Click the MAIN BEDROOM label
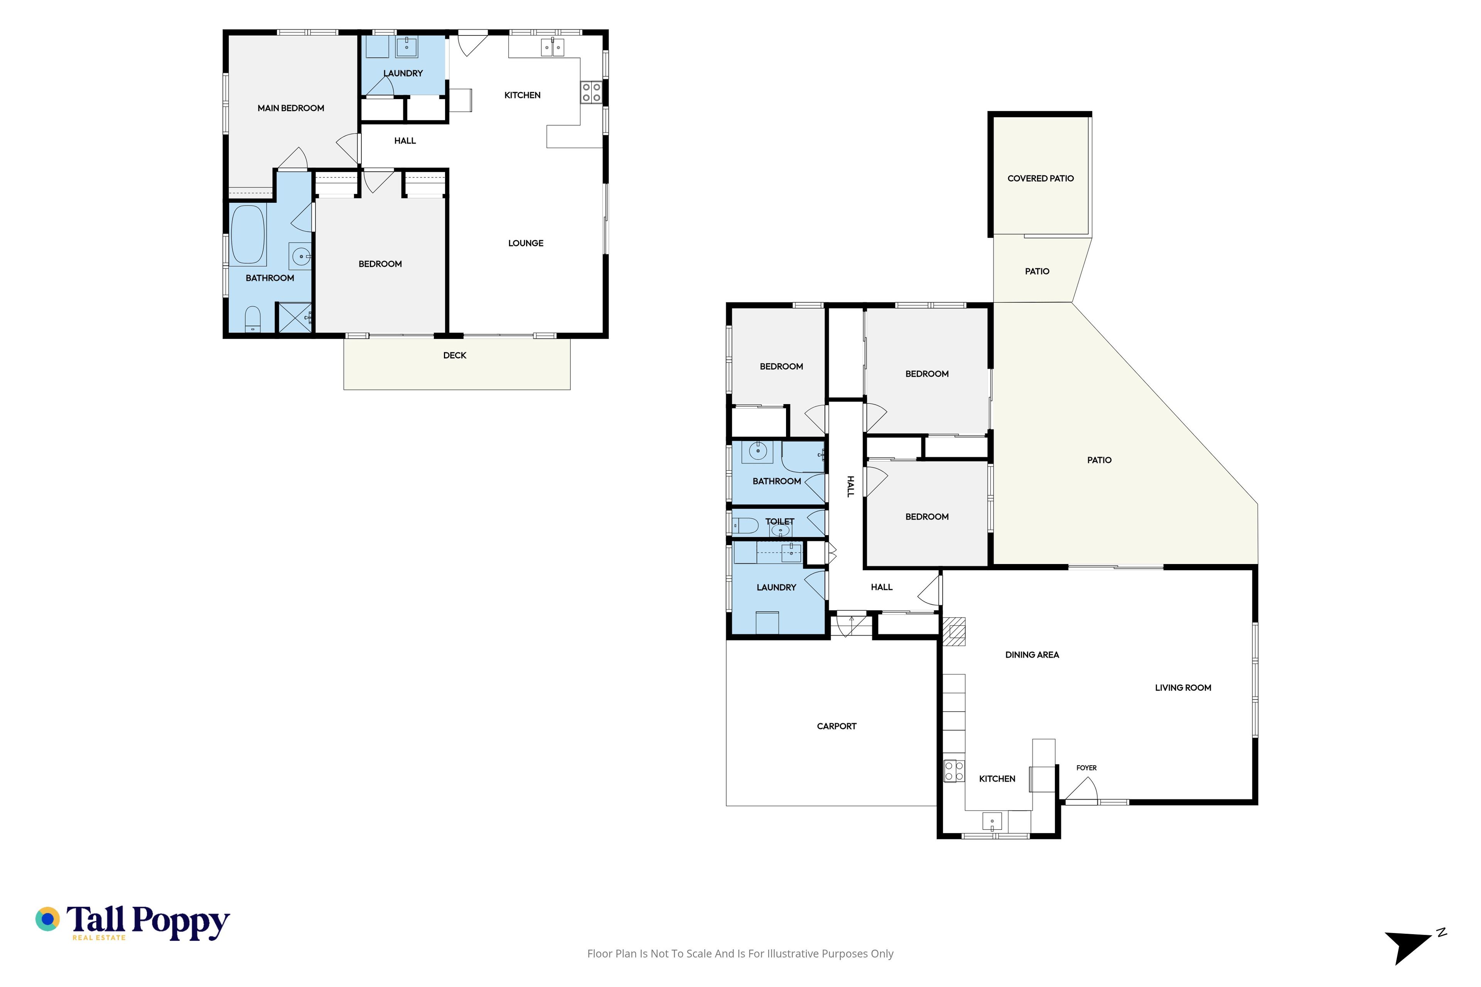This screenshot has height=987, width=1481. point(291,108)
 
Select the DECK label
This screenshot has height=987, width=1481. point(455,355)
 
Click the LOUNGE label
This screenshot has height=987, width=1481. point(526,243)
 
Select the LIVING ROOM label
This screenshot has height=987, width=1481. point(1182,688)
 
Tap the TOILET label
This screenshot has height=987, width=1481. point(779,522)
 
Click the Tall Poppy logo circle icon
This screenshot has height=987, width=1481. point(47,919)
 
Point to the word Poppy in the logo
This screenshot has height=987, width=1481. point(181,923)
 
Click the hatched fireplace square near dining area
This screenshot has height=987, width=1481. point(954,632)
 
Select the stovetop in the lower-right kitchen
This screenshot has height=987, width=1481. point(954,771)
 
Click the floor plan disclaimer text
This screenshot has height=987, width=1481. point(740,953)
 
